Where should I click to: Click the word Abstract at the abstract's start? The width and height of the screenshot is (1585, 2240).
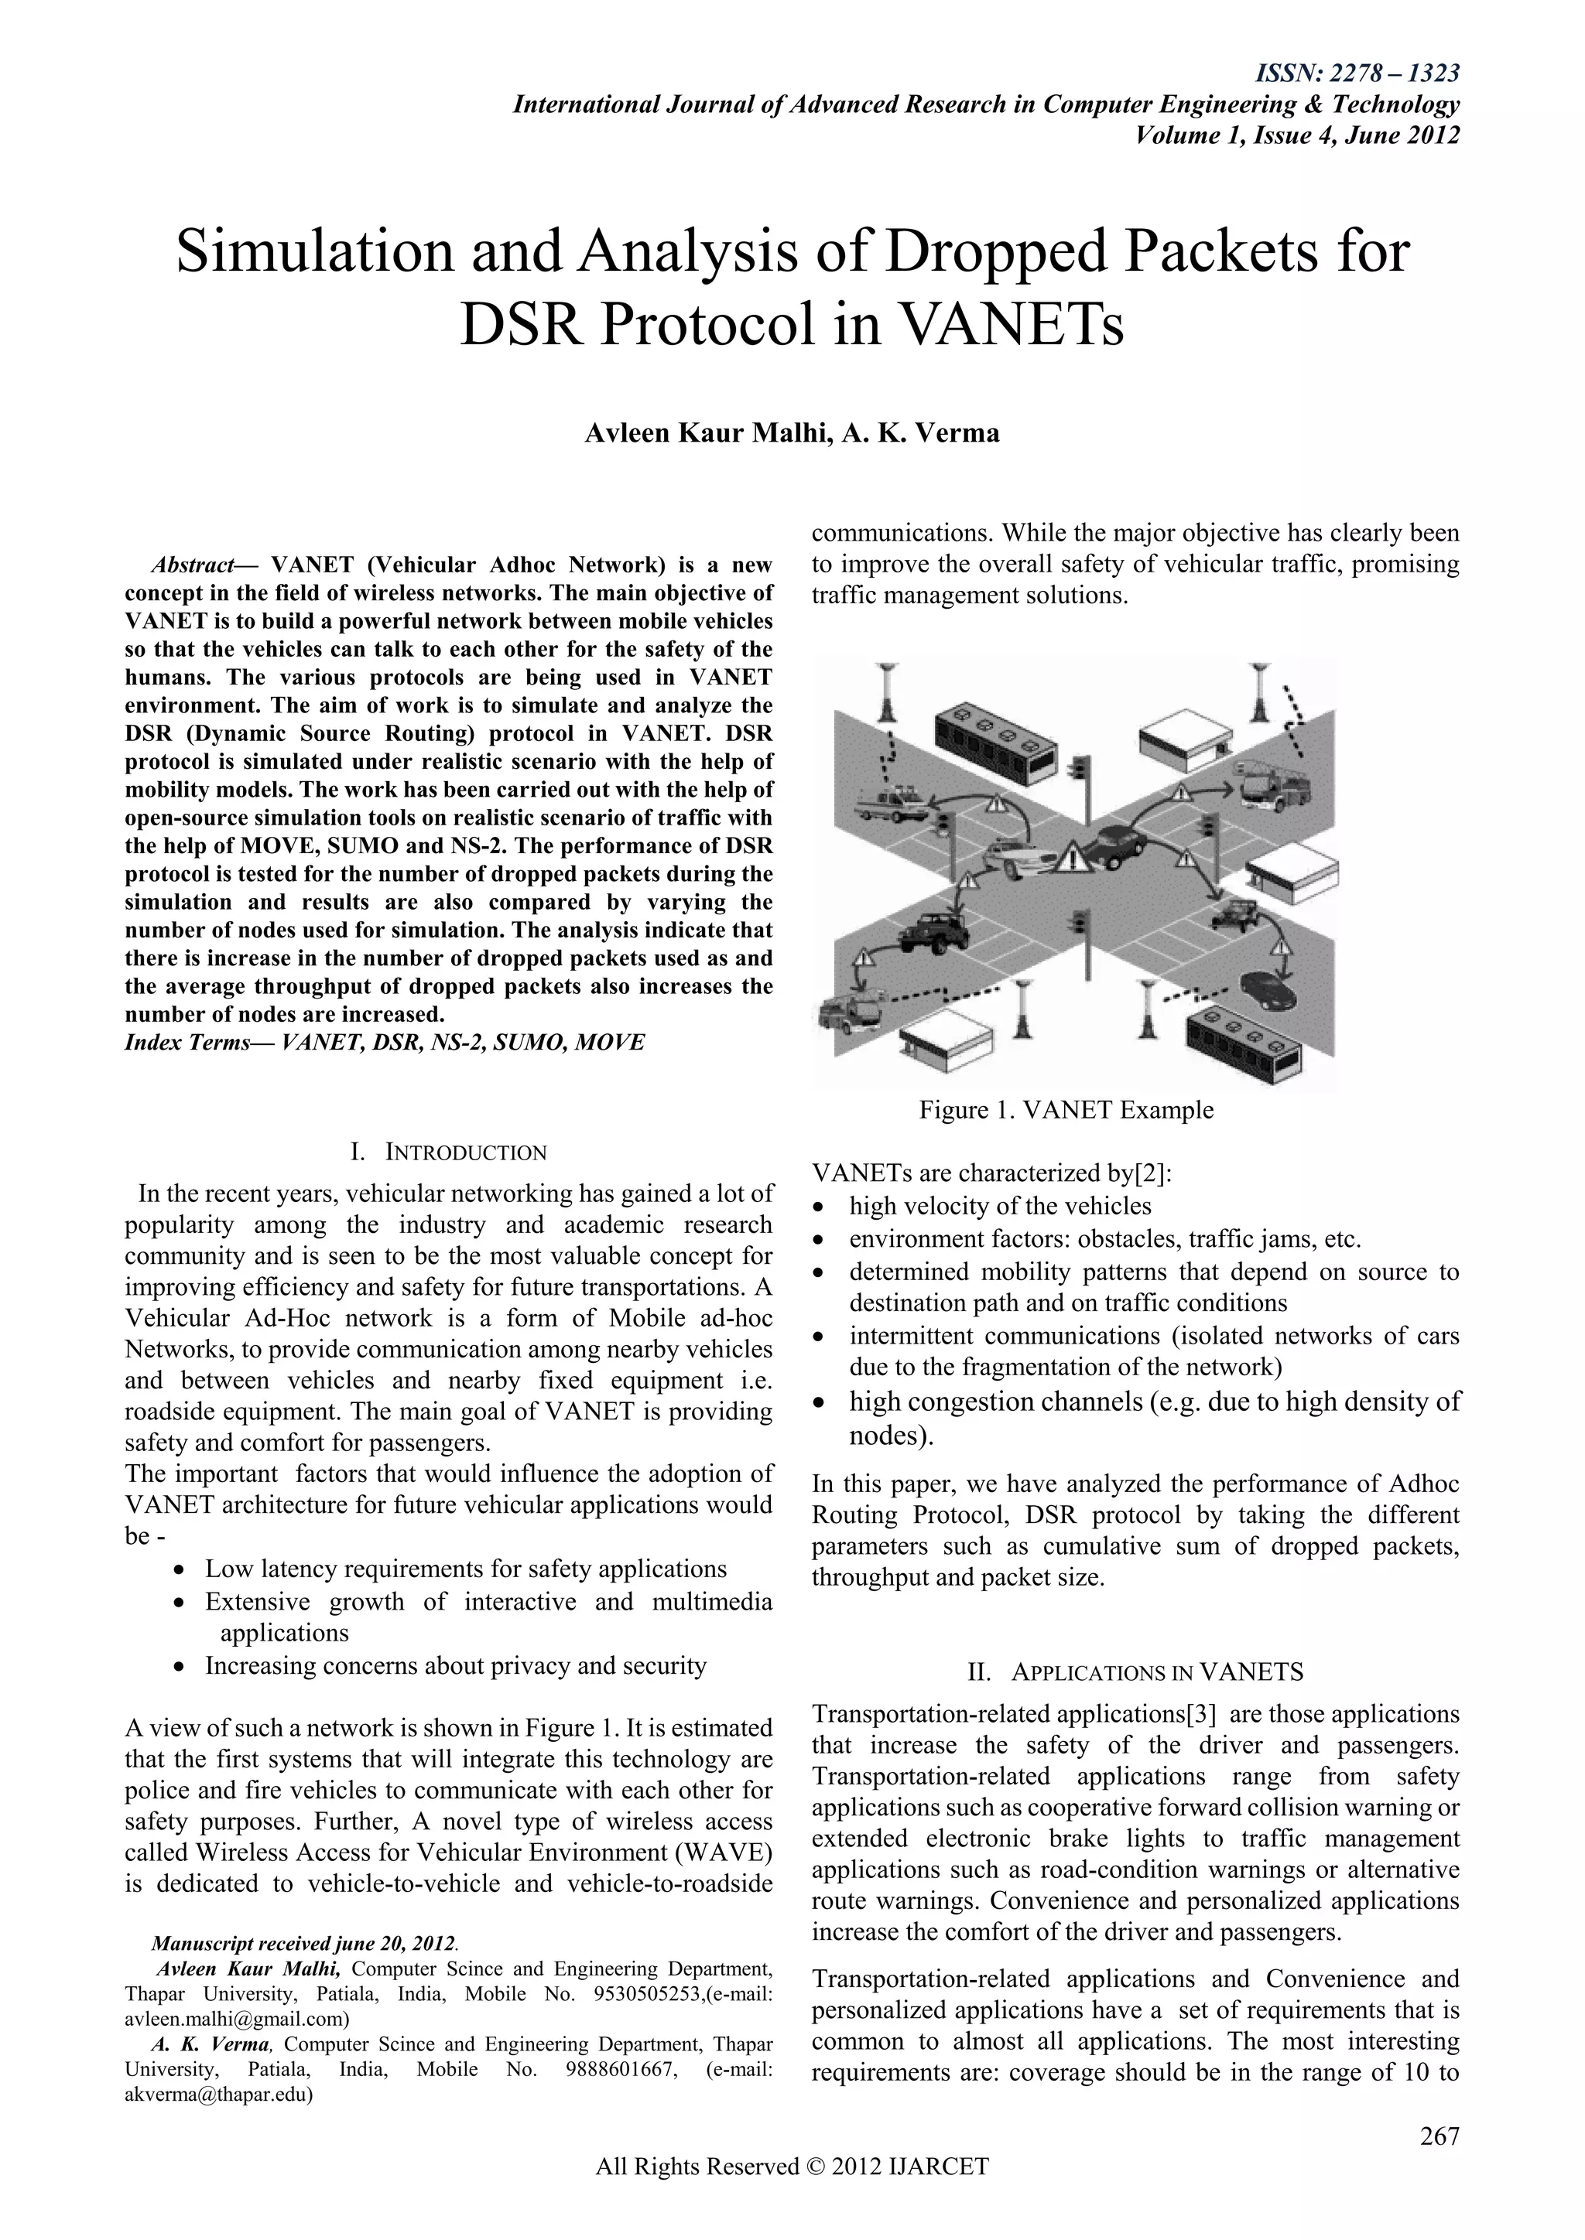coord(191,565)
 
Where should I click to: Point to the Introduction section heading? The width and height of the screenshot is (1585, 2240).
coord(449,1152)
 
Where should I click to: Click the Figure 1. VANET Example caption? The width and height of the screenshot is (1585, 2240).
coord(1066,1110)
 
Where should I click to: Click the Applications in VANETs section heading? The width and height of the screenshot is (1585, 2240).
coord(1135,1672)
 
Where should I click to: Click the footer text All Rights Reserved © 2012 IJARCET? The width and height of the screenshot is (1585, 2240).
coord(792,2194)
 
